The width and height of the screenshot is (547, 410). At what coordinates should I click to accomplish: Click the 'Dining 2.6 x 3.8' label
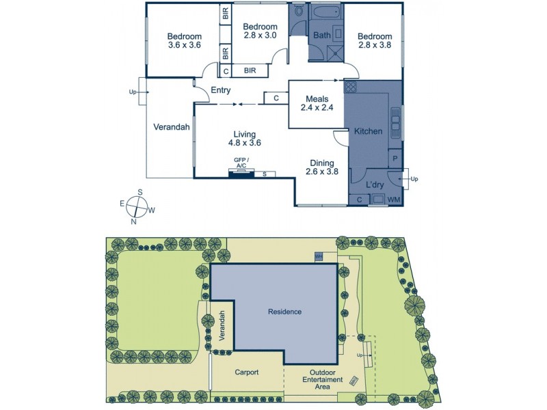coord(321,167)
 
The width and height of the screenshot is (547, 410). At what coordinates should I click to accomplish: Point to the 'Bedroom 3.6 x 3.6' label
coord(185,41)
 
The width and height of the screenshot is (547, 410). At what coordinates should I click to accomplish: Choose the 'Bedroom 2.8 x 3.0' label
coord(260,31)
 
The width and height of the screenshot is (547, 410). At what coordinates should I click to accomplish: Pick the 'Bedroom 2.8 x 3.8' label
coord(375,41)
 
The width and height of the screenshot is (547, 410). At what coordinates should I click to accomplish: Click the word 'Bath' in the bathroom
coord(321,35)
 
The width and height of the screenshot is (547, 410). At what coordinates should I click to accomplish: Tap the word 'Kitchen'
coord(368,131)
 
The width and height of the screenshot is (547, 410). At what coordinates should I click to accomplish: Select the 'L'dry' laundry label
coord(374,185)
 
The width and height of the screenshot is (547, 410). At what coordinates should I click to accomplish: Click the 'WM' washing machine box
coord(395,199)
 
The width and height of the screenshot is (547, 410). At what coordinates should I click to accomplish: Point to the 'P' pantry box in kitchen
coord(395,159)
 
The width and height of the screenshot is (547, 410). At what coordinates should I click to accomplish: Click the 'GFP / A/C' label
coord(241,163)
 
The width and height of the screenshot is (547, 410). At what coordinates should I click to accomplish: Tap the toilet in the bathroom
coord(298,14)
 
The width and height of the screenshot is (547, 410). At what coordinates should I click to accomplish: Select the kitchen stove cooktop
coord(351,87)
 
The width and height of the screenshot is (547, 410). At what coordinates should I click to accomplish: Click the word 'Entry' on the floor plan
coord(220,90)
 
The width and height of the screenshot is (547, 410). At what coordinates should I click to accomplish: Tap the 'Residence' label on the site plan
coord(284,312)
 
